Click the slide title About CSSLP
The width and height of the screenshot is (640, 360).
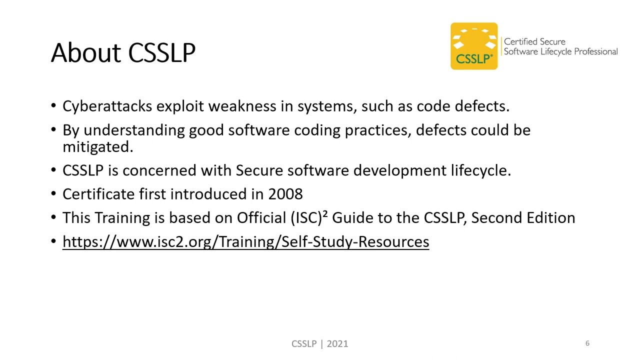(123, 52)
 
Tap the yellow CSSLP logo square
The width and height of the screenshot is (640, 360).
(474, 46)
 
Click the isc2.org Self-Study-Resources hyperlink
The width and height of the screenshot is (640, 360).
(245, 242)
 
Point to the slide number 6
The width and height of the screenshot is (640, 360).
(587, 343)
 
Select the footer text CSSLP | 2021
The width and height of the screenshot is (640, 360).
(320, 343)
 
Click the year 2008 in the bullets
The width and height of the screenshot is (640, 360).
(285, 194)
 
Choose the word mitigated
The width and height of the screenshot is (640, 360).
(97, 146)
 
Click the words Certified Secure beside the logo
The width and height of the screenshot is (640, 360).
(534, 42)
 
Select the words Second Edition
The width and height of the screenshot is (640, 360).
(523, 218)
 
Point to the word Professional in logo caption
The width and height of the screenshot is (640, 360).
(594, 51)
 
